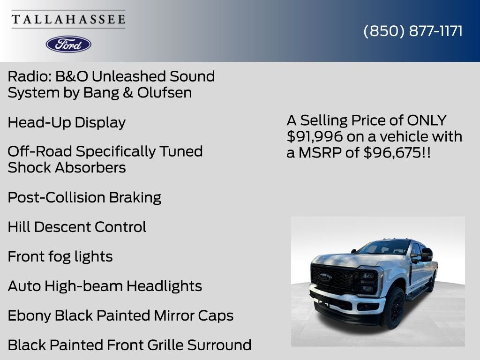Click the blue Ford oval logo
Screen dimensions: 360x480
(x=68, y=44)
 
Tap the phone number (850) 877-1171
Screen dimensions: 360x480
(x=413, y=31)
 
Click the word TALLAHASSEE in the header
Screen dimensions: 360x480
(x=68, y=19)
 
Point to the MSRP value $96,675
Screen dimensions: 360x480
(x=392, y=152)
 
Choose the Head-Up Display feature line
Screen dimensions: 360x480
(x=67, y=122)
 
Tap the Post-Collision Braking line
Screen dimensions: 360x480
(x=84, y=197)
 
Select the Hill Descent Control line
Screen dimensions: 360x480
(x=77, y=227)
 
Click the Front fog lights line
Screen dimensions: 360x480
(x=60, y=256)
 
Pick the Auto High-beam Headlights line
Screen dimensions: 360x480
(x=105, y=286)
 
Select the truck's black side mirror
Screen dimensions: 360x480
(x=427, y=255)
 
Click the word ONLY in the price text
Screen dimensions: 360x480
(x=427, y=120)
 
